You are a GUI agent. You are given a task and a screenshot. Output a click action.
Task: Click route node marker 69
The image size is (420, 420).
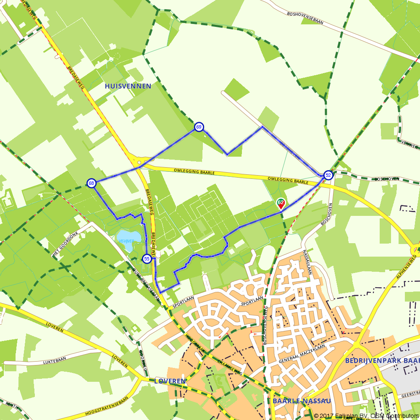tap(199, 127)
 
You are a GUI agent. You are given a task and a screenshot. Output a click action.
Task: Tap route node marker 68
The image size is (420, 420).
tap(91, 183)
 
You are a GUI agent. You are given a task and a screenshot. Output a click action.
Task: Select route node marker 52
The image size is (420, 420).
tap(328, 176)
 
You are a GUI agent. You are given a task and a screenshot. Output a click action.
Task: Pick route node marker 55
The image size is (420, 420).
tap(147, 259)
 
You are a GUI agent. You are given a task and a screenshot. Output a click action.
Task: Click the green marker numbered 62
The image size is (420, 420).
tap(281, 203)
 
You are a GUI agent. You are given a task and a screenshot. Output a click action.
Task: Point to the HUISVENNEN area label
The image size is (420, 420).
tap(128, 86)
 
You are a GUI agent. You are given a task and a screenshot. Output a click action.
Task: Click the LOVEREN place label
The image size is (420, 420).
tap(170, 381)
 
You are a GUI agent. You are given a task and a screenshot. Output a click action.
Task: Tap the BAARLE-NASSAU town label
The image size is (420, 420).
tap(302, 401)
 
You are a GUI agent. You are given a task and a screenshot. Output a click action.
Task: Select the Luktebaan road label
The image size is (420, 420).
tap(55, 361)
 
